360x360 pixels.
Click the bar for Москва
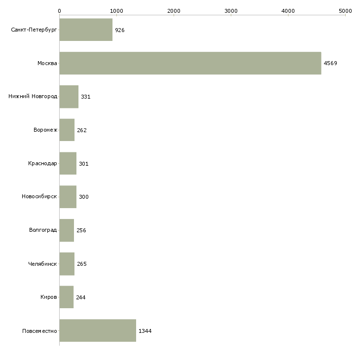190,63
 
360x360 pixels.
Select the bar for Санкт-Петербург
86,30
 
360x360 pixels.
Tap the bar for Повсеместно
98,330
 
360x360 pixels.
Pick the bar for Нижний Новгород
69,97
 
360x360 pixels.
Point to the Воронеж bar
67,130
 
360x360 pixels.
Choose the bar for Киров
67,297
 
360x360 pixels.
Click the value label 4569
330,63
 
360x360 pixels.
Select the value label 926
120,30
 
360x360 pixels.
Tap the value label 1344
145,331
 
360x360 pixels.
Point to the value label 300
84,197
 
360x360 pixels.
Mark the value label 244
81,297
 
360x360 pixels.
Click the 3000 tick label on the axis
231,11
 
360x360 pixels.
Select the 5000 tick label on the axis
345,11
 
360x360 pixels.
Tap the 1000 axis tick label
117,11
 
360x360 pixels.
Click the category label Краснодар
42,163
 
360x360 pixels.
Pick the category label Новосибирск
39,197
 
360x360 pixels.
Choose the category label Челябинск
42,264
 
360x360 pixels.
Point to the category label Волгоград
43,230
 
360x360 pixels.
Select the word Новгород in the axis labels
44,97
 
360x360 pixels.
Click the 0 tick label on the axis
60,11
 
